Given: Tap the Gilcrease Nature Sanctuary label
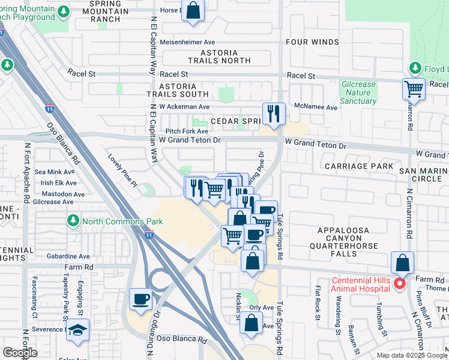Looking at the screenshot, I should click(358, 93).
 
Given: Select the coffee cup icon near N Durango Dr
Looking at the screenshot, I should click(141, 299).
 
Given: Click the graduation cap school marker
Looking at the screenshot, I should click(77, 330).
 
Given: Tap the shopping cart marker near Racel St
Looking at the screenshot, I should click(414, 89).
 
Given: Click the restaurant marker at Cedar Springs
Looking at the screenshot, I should click(274, 113).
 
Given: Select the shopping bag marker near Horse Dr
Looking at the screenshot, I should click(193, 10).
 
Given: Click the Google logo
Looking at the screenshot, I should click(20, 353).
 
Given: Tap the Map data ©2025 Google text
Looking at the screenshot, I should click(412, 355).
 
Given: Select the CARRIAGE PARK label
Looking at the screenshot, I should click(359, 166).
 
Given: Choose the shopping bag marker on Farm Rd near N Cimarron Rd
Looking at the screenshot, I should click(402, 263).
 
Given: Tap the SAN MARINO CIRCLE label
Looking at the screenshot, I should click(424, 175).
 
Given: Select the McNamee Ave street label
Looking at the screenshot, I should click(315, 107).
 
